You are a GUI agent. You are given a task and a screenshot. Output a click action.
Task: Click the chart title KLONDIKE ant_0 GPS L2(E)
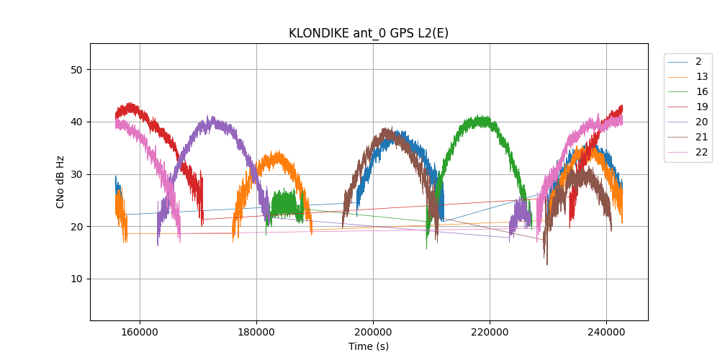click(x=369, y=33)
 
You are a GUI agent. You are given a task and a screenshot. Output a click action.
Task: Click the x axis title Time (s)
click(x=369, y=346)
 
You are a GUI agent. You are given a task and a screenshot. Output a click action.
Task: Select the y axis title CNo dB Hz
click(x=60, y=181)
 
